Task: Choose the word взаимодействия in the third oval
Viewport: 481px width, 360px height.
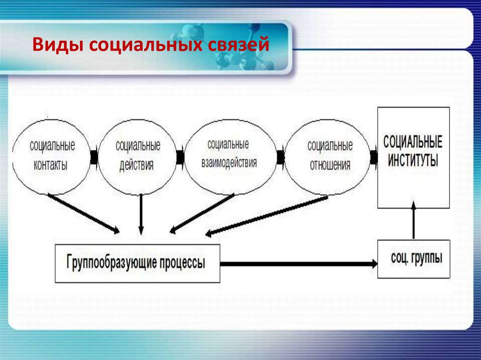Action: click(x=229, y=162)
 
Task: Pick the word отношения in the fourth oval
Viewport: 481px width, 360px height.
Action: click(x=330, y=165)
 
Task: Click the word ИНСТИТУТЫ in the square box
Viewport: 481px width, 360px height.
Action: click(x=413, y=161)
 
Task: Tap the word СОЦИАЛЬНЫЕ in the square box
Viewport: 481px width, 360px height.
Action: click(x=413, y=142)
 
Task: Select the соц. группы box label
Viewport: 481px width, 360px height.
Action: click(x=417, y=258)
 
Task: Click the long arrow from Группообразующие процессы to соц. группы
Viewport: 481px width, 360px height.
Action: click(x=299, y=264)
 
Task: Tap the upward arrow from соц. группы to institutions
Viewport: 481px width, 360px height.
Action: click(x=413, y=220)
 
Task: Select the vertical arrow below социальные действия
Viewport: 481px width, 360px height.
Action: click(x=141, y=214)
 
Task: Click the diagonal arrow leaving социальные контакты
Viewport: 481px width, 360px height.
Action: click(x=84, y=214)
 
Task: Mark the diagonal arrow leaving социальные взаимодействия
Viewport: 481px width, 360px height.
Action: click(x=202, y=214)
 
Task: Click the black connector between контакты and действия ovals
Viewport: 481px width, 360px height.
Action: click(x=94, y=157)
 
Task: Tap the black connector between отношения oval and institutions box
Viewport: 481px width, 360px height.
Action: click(x=373, y=157)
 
